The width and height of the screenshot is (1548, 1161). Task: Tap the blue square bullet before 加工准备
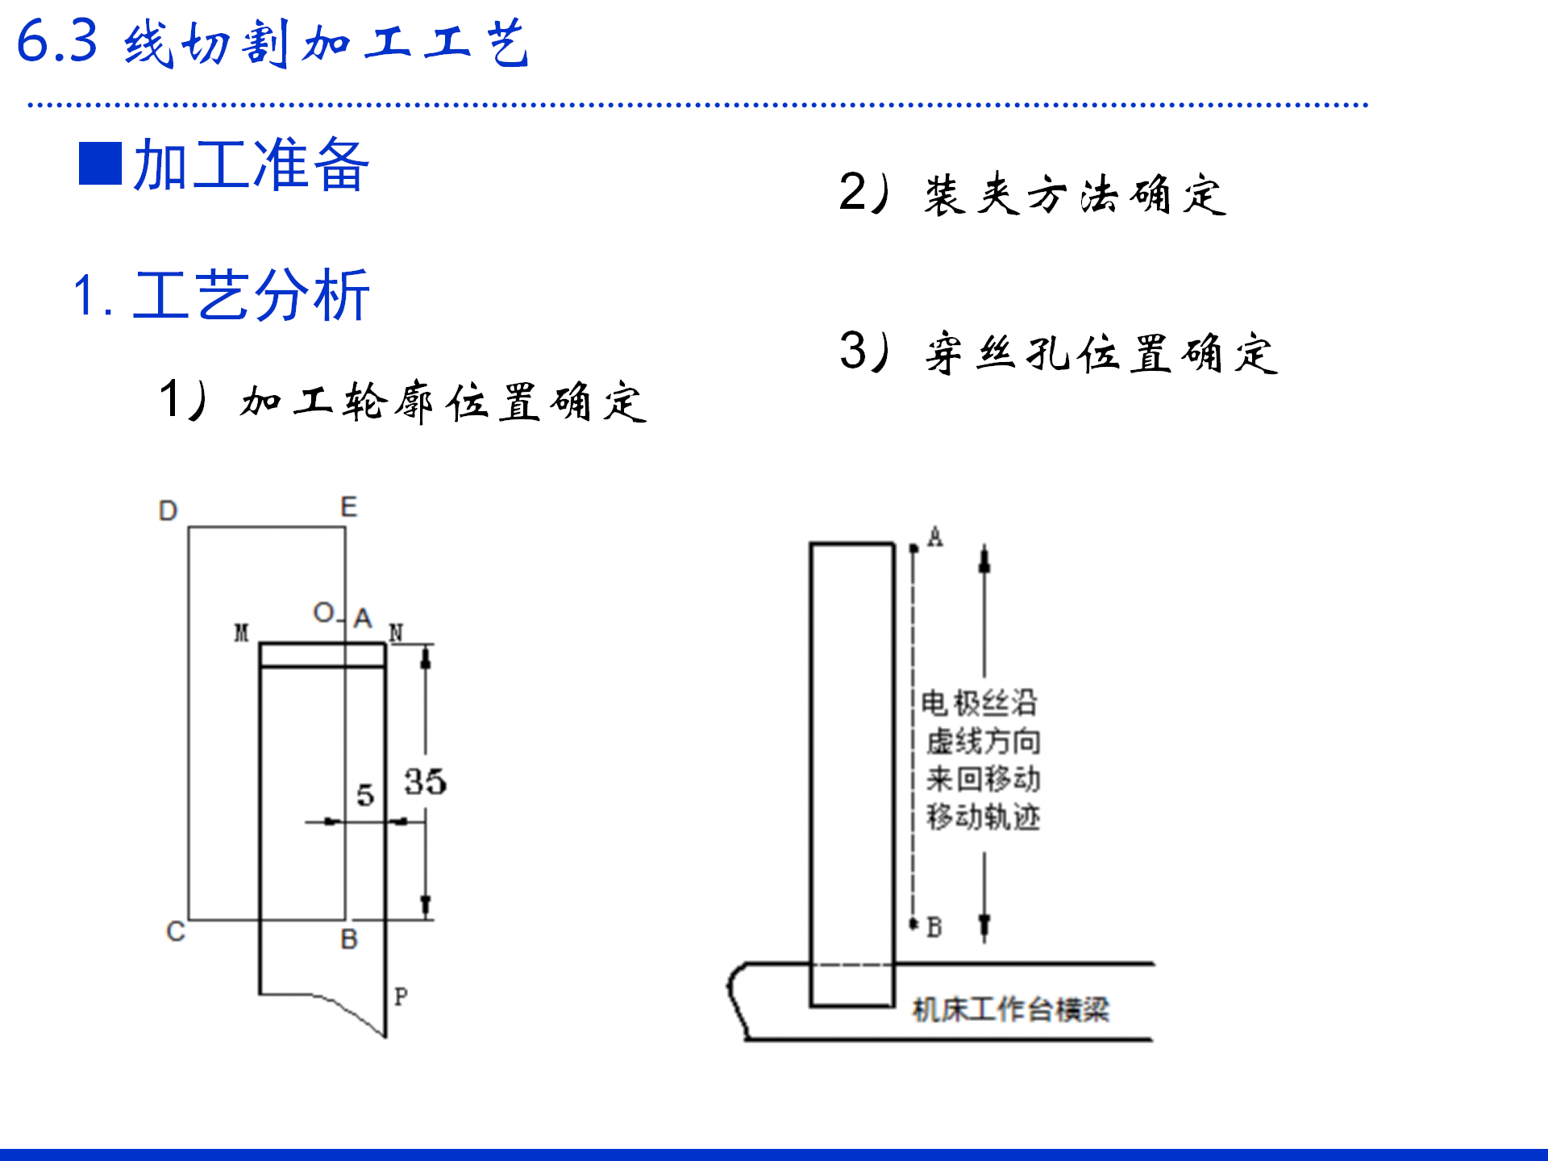[100, 164]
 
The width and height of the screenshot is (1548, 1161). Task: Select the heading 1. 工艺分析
[221, 295]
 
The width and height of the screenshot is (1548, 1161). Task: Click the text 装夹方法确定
[1075, 195]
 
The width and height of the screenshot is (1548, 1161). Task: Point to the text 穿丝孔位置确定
[1101, 353]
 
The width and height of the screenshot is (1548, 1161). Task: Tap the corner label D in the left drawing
[168, 510]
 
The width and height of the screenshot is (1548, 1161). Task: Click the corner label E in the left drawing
[348, 507]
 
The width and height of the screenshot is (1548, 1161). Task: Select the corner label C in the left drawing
[176, 931]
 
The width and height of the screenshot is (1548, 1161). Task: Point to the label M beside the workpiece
[242, 633]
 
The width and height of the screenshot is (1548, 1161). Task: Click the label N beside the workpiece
[396, 633]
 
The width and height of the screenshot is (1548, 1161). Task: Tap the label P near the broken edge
[401, 997]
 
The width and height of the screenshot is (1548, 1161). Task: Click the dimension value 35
[425, 781]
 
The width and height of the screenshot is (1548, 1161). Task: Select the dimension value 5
[365, 795]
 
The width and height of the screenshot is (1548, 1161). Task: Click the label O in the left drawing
[323, 613]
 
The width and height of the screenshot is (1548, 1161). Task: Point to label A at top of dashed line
[935, 537]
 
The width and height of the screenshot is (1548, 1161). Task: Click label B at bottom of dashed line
[934, 927]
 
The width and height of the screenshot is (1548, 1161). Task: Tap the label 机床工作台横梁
[1011, 1009]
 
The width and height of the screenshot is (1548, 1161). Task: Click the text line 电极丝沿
[980, 703]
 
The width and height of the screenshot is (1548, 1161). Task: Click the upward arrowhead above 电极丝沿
[984, 558]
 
